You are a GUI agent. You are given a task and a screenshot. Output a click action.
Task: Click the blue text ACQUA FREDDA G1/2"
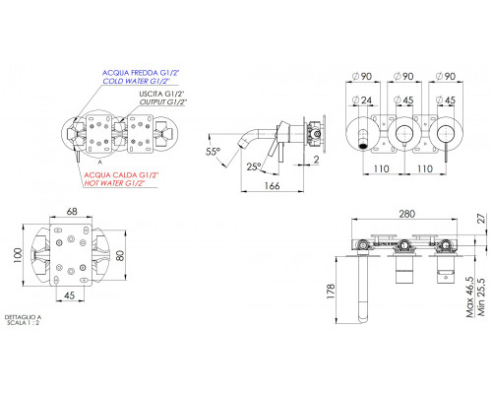pos(141,73)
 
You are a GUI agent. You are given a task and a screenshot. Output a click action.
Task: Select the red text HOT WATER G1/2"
pos(114,183)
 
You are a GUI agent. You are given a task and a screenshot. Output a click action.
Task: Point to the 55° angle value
pos(213,152)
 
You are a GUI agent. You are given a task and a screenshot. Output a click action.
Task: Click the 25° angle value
pos(254,166)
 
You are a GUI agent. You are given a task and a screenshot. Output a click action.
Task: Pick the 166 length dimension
pos(272,186)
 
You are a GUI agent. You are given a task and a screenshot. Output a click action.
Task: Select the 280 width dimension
pos(407,214)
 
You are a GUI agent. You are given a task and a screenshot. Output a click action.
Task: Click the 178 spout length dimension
pos(331,291)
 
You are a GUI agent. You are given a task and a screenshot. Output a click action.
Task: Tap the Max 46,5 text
pos(470,296)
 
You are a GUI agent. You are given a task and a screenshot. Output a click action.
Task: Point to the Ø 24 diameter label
pos(362,99)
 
